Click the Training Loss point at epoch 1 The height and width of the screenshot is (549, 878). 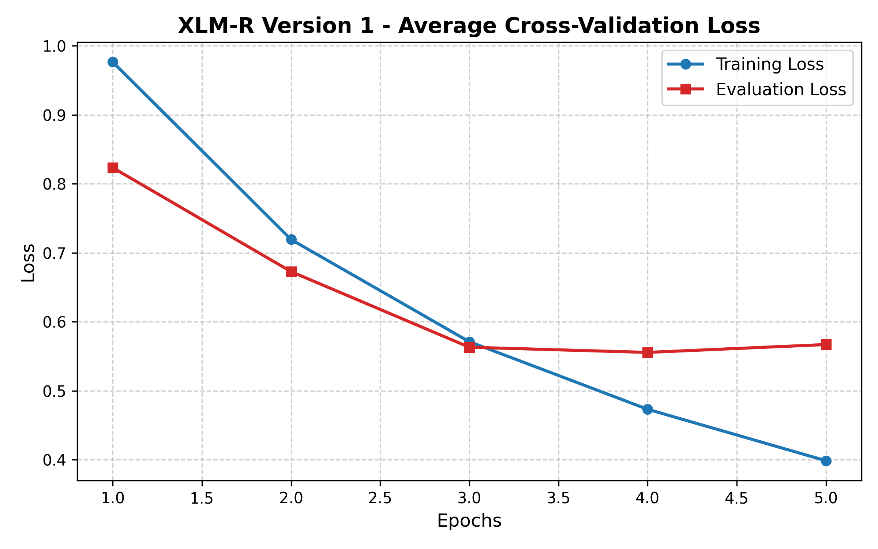[x=113, y=62]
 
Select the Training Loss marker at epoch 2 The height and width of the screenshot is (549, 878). [x=291, y=240]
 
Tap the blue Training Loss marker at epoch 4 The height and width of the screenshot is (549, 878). [x=648, y=409]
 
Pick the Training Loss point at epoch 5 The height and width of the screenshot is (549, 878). [x=826, y=461]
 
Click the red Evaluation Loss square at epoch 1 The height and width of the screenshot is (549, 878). [x=113, y=168]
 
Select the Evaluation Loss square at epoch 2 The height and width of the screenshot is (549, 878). [x=291, y=272]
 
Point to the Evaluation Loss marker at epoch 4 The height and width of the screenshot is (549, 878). [x=648, y=352]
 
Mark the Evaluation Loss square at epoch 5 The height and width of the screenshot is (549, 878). [x=826, y=344]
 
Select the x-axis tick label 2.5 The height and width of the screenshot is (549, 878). [x=380, y=498]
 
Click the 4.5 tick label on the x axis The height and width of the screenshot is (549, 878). [x=736, y=498]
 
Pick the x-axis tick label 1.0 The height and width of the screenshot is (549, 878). [x=113, y=498]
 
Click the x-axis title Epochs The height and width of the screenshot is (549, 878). [x=469, y=520]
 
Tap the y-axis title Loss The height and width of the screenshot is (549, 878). [x=28, y=262]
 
